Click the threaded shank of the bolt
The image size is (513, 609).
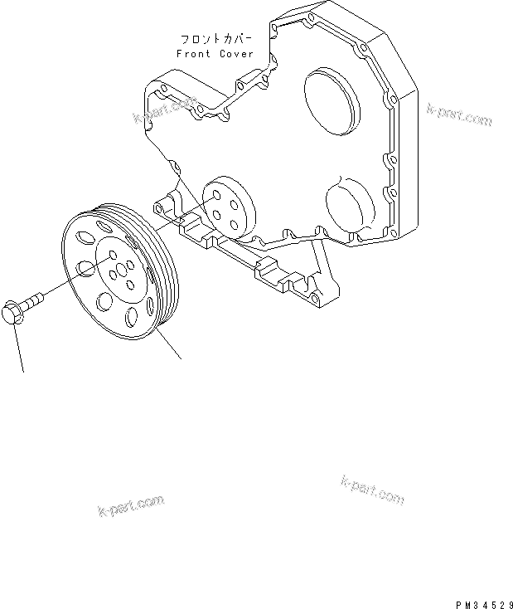pyautogui.click(x=34, y=300)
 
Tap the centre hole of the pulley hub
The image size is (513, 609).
pyautogui.click(x=121, y=269)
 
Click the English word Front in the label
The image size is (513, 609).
pyautogui.click(x=193, y=54)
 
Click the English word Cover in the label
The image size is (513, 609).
pyautogui.click(x=236, y=54)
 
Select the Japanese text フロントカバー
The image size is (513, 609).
pyautogui.click(x=216, y=39)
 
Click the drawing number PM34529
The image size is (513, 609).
pyautogui.click(x=484, y=604)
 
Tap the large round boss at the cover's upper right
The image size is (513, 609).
pyautogui.click(x=332, y=102)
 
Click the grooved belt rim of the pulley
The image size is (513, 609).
pyautogui.click(x=163, y=272)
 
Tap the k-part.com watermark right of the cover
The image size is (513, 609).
pyautogui.click(x=460, y=114)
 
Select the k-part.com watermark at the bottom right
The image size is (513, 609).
pyautogui.click(x=373, y=490)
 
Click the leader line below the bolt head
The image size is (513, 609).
pyautogui.click(x=19, y=347)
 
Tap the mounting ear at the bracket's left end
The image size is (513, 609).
pyautogui.click(x=163, y=207)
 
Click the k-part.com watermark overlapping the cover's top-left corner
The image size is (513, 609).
pyautogui.click(x=165, y=110)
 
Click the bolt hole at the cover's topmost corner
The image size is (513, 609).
pyautogui.click(x=312, y=17)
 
